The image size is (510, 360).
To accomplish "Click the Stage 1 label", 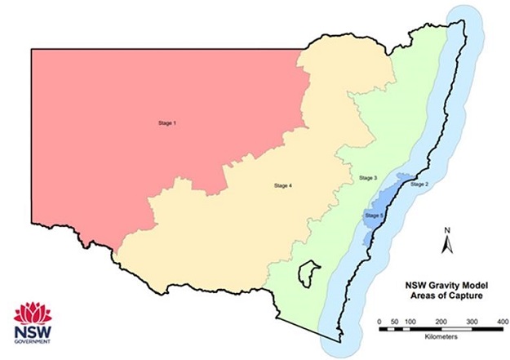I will (167, 123).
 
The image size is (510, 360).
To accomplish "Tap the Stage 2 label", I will (419, 185).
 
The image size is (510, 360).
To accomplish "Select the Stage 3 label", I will (369, 177).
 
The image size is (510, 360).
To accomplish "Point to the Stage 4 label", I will (281, 186).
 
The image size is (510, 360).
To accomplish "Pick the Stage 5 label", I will (374, 215).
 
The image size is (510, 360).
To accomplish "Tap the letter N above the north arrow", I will (448, 231).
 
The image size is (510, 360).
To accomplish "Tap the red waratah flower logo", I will (33, 312).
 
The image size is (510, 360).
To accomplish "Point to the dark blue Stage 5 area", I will (384, 204).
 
